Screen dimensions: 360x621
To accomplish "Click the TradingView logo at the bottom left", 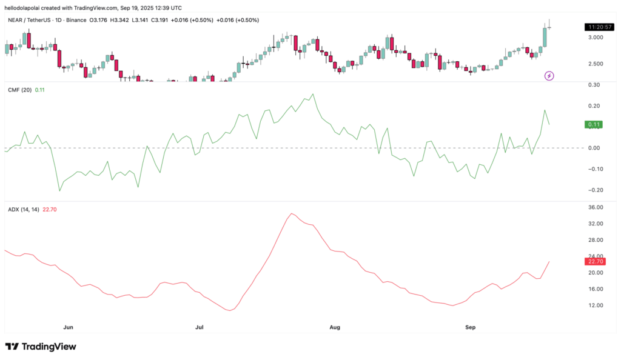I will (41, 347).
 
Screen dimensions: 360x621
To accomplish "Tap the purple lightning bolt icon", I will (549, 76).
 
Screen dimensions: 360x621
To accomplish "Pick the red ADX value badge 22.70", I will (594, 261).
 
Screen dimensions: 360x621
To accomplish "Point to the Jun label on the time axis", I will (69, 327).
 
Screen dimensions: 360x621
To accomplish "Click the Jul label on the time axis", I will (200, 327).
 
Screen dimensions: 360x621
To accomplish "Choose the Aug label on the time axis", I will (334, 327).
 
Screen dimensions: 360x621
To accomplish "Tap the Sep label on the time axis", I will (470, 327).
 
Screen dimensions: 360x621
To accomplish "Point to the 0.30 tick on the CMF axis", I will (594, 85).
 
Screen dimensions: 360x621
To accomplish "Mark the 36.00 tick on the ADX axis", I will (594, 207).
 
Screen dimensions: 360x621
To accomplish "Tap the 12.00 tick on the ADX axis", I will (594, 305).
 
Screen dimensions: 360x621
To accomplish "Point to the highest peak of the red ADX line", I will (292, 213).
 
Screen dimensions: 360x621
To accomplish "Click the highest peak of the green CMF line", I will (312, 94).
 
